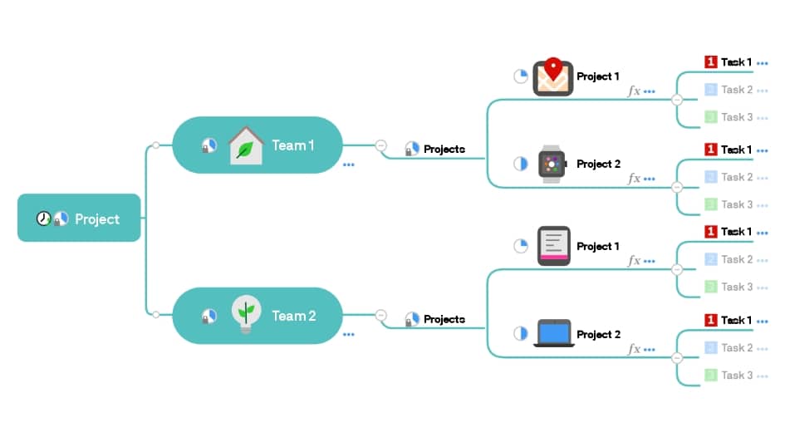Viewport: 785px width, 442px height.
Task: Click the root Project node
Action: pos(79,219)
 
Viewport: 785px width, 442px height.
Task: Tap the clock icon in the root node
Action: pos(43,219)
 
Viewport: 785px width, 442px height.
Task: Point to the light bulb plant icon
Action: pos(245,314)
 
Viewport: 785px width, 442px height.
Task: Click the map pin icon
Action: pos(552,76)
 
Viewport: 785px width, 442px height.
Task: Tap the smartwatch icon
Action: pos(552,165)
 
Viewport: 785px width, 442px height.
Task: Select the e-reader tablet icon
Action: pos(553,246)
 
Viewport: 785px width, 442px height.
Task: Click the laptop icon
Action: pos(553,333)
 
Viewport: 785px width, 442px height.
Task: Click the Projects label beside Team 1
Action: pos(444,150)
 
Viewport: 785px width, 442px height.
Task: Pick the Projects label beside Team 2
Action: pos(444,319)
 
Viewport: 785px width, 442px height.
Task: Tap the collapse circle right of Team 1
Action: pos(381,145)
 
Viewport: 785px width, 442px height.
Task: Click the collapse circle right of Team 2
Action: pos(381,316)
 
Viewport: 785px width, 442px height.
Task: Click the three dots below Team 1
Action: pos(349,165)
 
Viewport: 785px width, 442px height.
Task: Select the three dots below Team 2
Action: pos(349,335)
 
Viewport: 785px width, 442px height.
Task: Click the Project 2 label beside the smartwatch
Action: pos(598,165)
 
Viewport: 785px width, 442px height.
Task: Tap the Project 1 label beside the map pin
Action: pos(598,76)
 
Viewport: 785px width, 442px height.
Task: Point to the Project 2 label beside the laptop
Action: pos(598,334)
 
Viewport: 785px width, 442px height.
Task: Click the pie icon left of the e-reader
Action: pos(521,246)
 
